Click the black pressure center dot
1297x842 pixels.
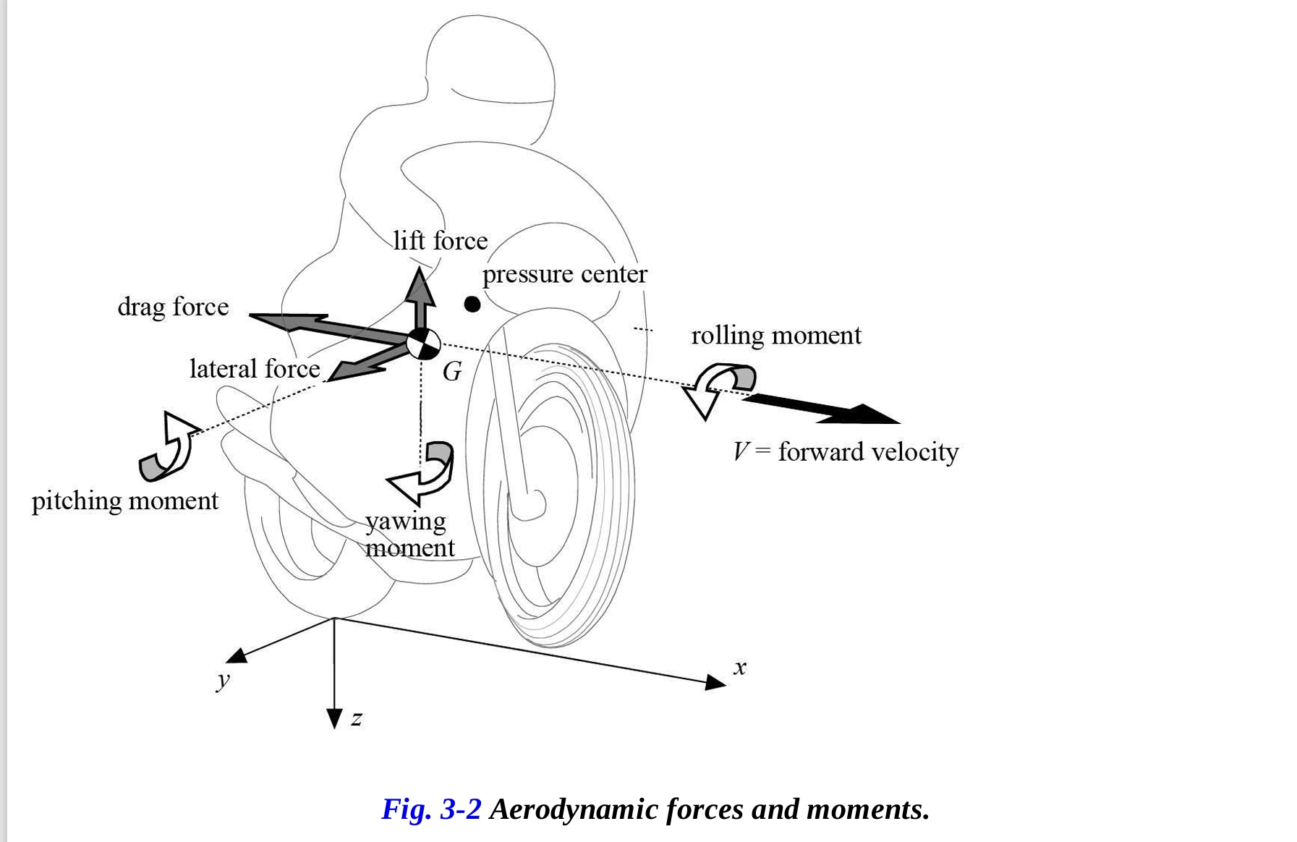click(472, 305)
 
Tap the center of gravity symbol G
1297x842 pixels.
click(422, 344)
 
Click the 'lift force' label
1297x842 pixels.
click(441, 241)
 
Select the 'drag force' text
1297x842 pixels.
click(173, 307)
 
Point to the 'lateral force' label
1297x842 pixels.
click(255, 369)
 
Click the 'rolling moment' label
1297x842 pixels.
click(776, 336)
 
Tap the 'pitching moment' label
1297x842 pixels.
click(125, 501)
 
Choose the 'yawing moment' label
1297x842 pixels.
click(409, 534)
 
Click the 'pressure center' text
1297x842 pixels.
click(564, 274)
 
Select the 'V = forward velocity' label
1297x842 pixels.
click(846, 452)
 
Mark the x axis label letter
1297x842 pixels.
click(739, 667)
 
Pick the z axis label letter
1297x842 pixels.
click(356, 718)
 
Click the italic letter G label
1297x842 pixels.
click(452, 372)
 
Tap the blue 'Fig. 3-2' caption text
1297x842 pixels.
click(431, 809)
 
